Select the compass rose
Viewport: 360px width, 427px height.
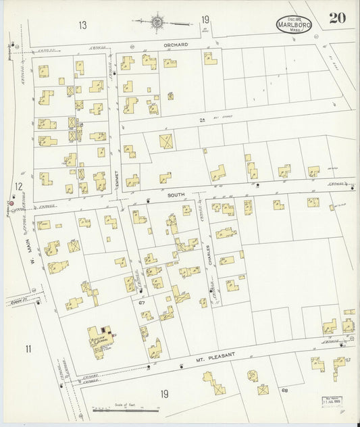[158, 22]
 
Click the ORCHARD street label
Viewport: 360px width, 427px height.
[175, 45]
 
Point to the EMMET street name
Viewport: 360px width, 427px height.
[116, 172]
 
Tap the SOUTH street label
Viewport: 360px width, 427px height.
[176, 195]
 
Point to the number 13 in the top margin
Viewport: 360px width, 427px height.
[82, 25]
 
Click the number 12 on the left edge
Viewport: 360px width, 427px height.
[20, 186]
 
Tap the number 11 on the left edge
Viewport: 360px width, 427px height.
[28, 349]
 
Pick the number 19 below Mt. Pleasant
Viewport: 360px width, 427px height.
[164, 394]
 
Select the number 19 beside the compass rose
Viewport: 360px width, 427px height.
[205, 22]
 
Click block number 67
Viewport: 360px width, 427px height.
[142, 303]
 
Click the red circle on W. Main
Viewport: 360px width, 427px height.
[11, 203]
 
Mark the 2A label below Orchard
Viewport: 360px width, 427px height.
[201, 120]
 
